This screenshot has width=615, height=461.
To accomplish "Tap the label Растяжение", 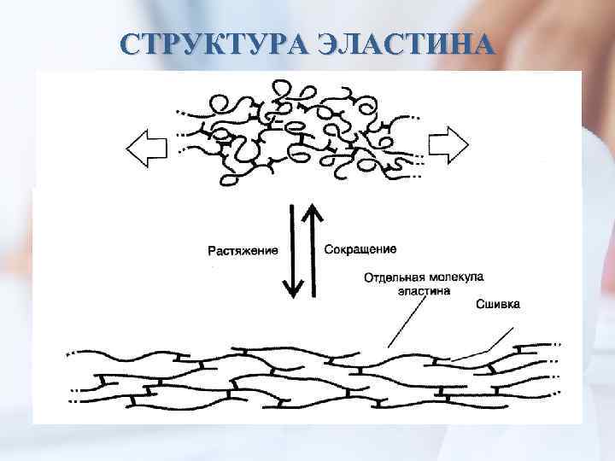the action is pos(243,250).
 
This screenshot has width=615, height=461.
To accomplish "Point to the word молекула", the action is pos(456,277).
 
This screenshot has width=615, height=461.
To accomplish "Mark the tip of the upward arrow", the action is pos(313,202).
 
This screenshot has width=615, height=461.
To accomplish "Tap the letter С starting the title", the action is pos(131,44).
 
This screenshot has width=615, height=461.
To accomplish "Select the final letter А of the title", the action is pos(483,44).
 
